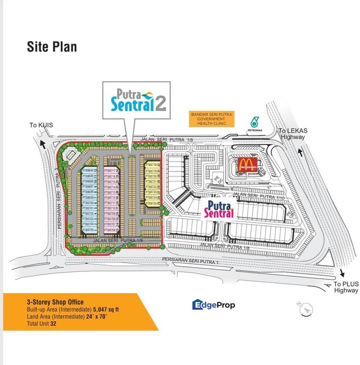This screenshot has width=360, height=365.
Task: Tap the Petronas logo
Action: click(x=255, y=123)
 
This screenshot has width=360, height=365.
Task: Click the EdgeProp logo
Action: click(x=213, y=305)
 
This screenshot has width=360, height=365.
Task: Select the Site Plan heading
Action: click(x=52, y=47)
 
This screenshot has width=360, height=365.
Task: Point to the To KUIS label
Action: click(x=41, y=125)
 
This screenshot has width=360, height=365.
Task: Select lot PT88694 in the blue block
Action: click(x=88, y=171)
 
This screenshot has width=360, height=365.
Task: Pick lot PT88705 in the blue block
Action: click(x=88, y=230)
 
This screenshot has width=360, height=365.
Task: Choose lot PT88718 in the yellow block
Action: click(x=152, y=165)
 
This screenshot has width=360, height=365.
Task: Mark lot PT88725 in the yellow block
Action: click(x=152, y=204)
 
